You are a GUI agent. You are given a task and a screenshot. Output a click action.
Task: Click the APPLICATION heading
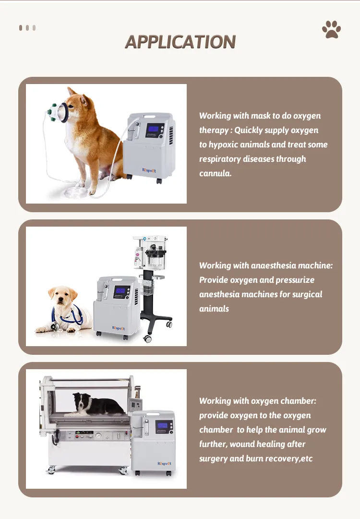pos(180,42)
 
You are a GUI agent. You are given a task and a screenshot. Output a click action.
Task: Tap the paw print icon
pos(331,30)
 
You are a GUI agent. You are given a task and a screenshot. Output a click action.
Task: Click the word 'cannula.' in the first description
pos(215,173)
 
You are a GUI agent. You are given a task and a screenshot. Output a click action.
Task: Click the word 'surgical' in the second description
pos(307,294)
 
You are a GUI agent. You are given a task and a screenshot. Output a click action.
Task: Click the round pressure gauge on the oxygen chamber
pos(98,436)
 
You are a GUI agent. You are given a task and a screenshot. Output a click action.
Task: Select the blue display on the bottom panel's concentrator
pos(164,425)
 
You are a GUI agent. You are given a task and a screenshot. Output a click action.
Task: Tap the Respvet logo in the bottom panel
pos(164,464)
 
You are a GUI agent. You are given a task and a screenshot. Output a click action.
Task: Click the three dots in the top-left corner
pos(27,28)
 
